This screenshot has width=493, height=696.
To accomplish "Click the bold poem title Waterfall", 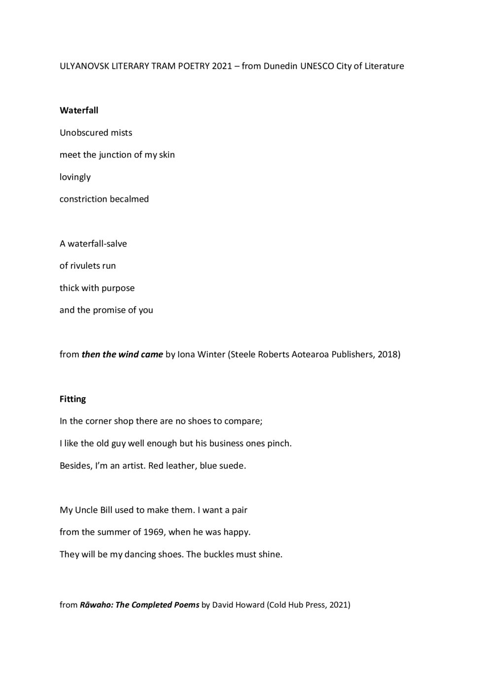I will tap(79, 110).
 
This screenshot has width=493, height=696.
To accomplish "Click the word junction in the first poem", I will tap(115, 155).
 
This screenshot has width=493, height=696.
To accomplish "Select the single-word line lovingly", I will tap(75, 177).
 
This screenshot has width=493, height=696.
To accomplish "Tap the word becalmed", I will tap(129, 199).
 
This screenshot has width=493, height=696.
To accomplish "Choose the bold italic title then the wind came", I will tap(122, 354).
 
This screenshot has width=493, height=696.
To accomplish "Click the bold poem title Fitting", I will tap(72, 399).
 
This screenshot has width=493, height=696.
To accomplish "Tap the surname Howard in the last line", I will tap(250, 605).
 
